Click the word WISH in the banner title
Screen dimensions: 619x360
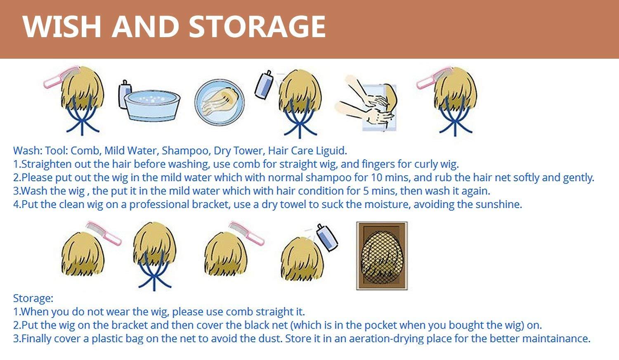(x=61, y=26)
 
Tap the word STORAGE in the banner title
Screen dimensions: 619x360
(x=257, y=26)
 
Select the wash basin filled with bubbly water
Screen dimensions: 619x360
(x=152, y=106)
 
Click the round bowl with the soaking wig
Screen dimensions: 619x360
(x=220, y=102)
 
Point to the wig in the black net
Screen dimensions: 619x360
(x=382, y=256)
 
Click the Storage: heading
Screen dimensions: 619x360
(x=33, y=298)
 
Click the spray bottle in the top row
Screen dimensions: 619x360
(x=264, y=84)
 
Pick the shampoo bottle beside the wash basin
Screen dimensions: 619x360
(x=125, y=94)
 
